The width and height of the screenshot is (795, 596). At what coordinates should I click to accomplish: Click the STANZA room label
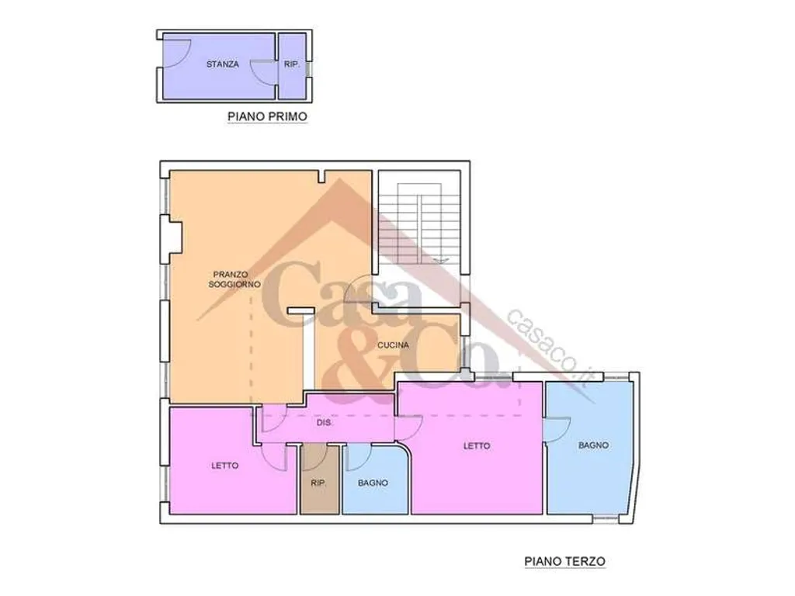(x=223, y=64)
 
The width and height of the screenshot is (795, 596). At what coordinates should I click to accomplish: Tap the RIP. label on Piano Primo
(x=292, y=64)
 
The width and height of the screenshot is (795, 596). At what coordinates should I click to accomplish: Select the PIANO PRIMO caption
(x=267, y=116)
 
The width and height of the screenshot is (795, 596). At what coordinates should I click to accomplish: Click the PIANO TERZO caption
(x=565, y=562)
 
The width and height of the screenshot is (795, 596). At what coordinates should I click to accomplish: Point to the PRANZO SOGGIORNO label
(x=234, y=279)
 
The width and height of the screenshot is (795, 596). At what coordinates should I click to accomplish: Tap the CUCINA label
(x=393, y=345)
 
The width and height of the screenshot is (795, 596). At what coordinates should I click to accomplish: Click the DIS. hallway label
(x=325, y=422)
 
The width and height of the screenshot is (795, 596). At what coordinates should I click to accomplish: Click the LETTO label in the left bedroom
(x=224, y=466)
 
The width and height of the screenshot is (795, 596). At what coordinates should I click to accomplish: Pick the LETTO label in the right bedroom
(x=477, y=446)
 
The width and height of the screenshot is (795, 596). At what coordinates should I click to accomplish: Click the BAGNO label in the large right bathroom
(x=593, y=445)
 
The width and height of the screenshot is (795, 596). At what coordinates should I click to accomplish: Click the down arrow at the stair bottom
(x=442, y=260)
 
